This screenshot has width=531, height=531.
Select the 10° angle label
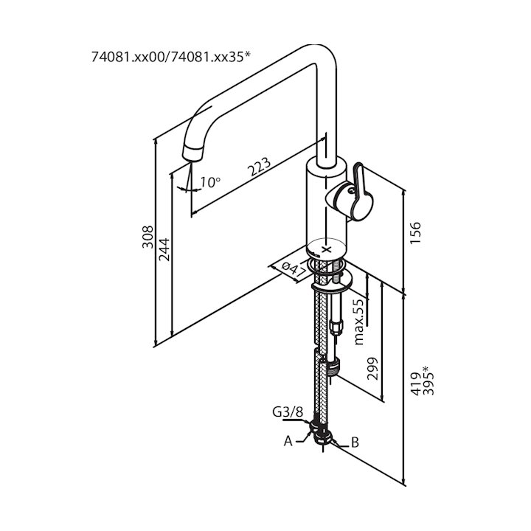(209, 181)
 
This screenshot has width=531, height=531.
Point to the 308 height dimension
(147, 236)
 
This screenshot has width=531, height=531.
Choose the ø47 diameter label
(296, 269)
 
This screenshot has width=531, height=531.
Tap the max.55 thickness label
(359, 321)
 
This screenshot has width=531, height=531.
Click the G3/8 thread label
(286, 412)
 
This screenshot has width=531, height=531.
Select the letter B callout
(354, 442)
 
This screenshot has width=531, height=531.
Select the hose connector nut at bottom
(322, 434)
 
